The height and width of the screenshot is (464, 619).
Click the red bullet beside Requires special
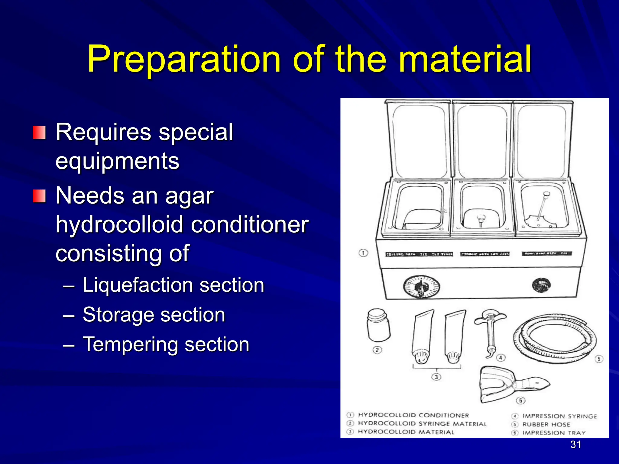(39, 133)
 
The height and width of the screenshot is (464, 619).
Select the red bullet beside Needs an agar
(39, 196)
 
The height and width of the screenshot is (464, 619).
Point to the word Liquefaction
(136, 285)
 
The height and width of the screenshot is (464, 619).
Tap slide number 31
(575, 444)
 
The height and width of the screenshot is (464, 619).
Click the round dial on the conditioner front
(421, 286)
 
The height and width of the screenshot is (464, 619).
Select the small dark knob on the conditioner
(541, 285)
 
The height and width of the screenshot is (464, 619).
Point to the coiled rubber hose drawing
(555, 338)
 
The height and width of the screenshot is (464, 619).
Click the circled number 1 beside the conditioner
(363, 253)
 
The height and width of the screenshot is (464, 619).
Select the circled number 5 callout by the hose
(599, 359)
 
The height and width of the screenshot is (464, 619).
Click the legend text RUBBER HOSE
(546, 424)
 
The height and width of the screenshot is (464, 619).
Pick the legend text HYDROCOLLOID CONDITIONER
(413, 415)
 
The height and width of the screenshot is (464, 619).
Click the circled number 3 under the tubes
(436, 377)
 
